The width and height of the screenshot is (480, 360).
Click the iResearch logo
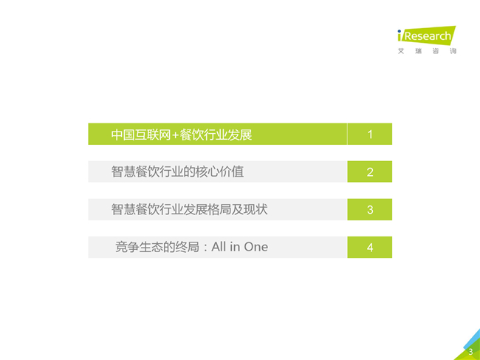(x=426, y=35)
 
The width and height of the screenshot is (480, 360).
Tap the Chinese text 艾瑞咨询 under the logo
(x=427, y=51)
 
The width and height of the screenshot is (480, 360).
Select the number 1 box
(x=370, y=134)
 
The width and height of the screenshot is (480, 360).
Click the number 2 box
(x=370, y=171)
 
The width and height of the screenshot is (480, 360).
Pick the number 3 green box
(x=370, y=209)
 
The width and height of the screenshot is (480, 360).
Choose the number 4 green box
(x=370, y=247)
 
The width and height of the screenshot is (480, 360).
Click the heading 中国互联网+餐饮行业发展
(x=182, y=135)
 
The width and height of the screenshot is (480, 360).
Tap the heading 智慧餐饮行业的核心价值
(x=177, y=171)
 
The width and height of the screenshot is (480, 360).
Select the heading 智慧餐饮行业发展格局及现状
(x=189, y=209)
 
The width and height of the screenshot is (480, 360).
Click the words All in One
(x=240, y=247)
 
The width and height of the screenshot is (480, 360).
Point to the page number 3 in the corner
(x=471, y=352)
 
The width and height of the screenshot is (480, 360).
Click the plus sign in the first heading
(x=175, y=135)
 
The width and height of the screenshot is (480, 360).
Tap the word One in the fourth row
(x=256, y=247)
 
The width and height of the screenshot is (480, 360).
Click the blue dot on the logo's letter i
(x=400, y=31)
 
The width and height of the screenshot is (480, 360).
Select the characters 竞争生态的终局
(x=157, y=247)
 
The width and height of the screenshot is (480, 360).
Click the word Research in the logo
(x=428, y=36)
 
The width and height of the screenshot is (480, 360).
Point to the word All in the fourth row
(x=219, y=247)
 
